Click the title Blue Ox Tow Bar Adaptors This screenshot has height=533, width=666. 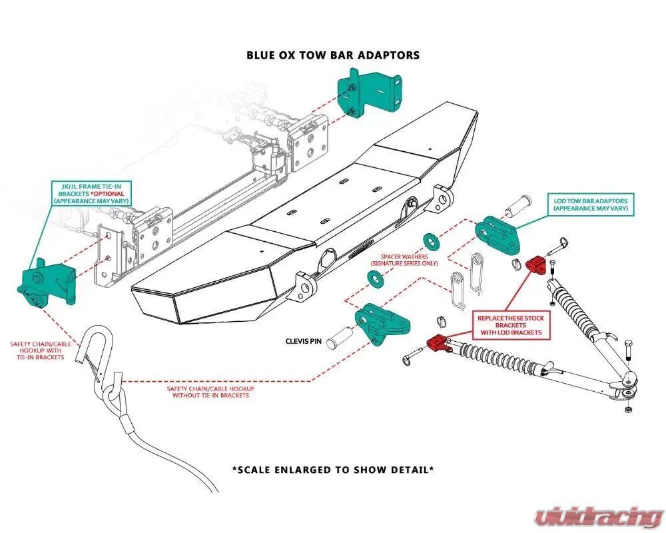pyautogui.click(x=333, y=55)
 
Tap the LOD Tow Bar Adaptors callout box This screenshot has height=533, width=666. pyautogui.click(x=591, y=205)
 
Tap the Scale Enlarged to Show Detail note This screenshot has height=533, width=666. pyautogui.click(x=333, y=469)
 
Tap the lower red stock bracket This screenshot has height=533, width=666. pyautogui.click(x=436, y=343)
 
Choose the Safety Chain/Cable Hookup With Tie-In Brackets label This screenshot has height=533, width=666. pyautogui.click(x=37, y=350)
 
